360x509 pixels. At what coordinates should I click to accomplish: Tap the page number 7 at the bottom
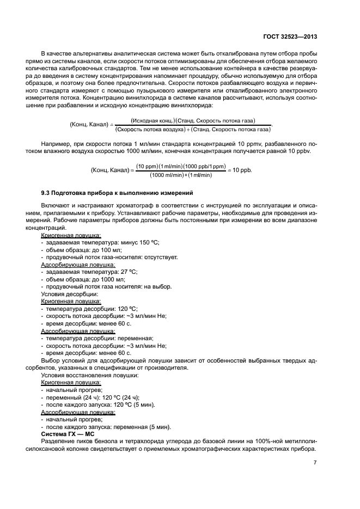(x=315, y=463)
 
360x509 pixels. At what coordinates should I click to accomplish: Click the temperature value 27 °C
(x=128, y=271)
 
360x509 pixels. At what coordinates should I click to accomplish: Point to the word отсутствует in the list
(x=161, y=256)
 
